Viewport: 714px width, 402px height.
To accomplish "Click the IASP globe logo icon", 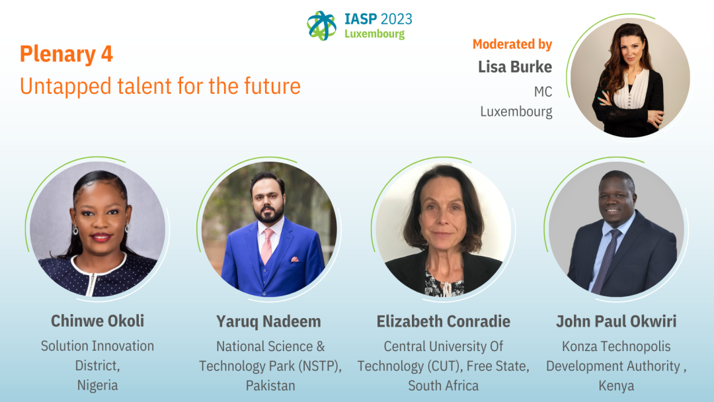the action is [321, 26].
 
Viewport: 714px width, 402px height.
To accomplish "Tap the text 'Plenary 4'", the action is [66, 54].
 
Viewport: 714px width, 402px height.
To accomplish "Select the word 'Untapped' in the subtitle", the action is [65, 87].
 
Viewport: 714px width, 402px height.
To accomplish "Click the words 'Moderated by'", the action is [512, 44].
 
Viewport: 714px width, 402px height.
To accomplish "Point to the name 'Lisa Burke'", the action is [515, 67].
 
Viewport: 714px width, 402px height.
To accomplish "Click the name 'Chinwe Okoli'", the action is [97, 321].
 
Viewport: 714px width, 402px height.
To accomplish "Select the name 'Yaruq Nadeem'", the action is [268, 321].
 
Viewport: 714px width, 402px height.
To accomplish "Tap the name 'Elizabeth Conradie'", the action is [443, 321].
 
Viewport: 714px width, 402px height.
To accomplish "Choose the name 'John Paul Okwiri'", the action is [616, 321].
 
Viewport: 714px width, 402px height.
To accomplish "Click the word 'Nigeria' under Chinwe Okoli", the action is [97, 385].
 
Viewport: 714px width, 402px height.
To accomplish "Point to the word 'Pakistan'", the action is [270, 385].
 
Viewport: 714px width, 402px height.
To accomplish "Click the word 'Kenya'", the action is [616, 386].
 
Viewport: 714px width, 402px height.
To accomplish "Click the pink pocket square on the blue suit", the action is [295, 259].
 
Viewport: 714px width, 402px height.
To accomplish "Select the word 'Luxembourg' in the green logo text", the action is [374, 34].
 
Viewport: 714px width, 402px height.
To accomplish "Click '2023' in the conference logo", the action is [396, 19].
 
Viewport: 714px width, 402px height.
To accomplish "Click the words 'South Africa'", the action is [443, 385].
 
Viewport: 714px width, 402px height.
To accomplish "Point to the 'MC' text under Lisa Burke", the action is [543, 92].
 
